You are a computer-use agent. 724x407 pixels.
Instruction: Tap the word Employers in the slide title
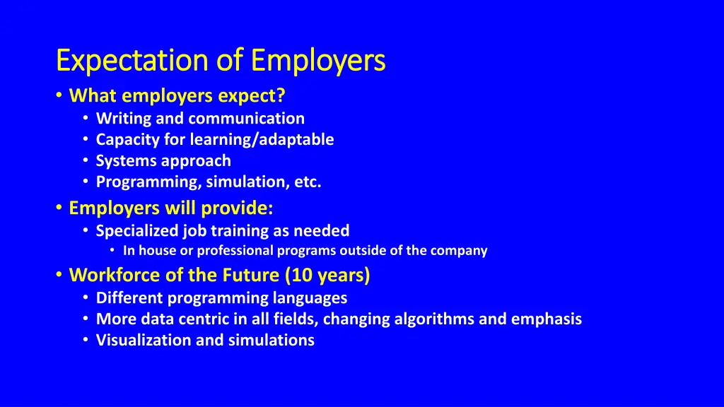click(x=318, y=61)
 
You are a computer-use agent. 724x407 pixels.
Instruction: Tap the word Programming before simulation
click(x=148, y=182)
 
